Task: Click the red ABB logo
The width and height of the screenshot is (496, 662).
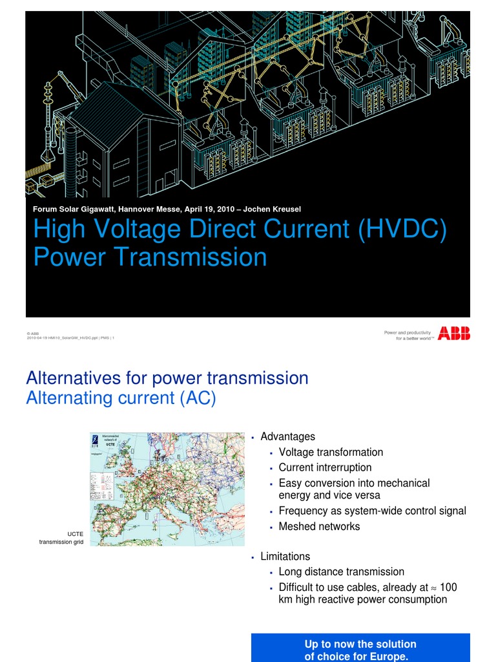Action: pyautogui.click(x=454, y=334)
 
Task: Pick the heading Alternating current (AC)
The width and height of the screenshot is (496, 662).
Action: pyautogui.click(x=121, y=398)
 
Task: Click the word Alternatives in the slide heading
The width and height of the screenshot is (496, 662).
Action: pyautogui.click(x=69, y=378)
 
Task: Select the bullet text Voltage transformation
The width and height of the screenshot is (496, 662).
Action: pyautogui.click(x=331, y=452)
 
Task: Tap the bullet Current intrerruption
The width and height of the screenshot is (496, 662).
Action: pyautogui.click(x=325, y=467)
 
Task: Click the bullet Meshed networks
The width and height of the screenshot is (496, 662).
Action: pyautogui.click(x=319, y=526)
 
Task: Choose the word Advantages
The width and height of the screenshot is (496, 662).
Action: pyautogui.click(x=287, y=437)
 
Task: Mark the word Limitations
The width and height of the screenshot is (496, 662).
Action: pyautogui.click(x=285, y=557)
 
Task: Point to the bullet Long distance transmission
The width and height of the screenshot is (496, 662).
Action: pyautogui.click(x=341, y=571)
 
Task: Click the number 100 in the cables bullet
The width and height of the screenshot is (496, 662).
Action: pyautogui.click(x=448, y=587)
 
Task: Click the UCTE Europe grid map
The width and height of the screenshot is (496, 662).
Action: pyautogui.click(x=167, y=489)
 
